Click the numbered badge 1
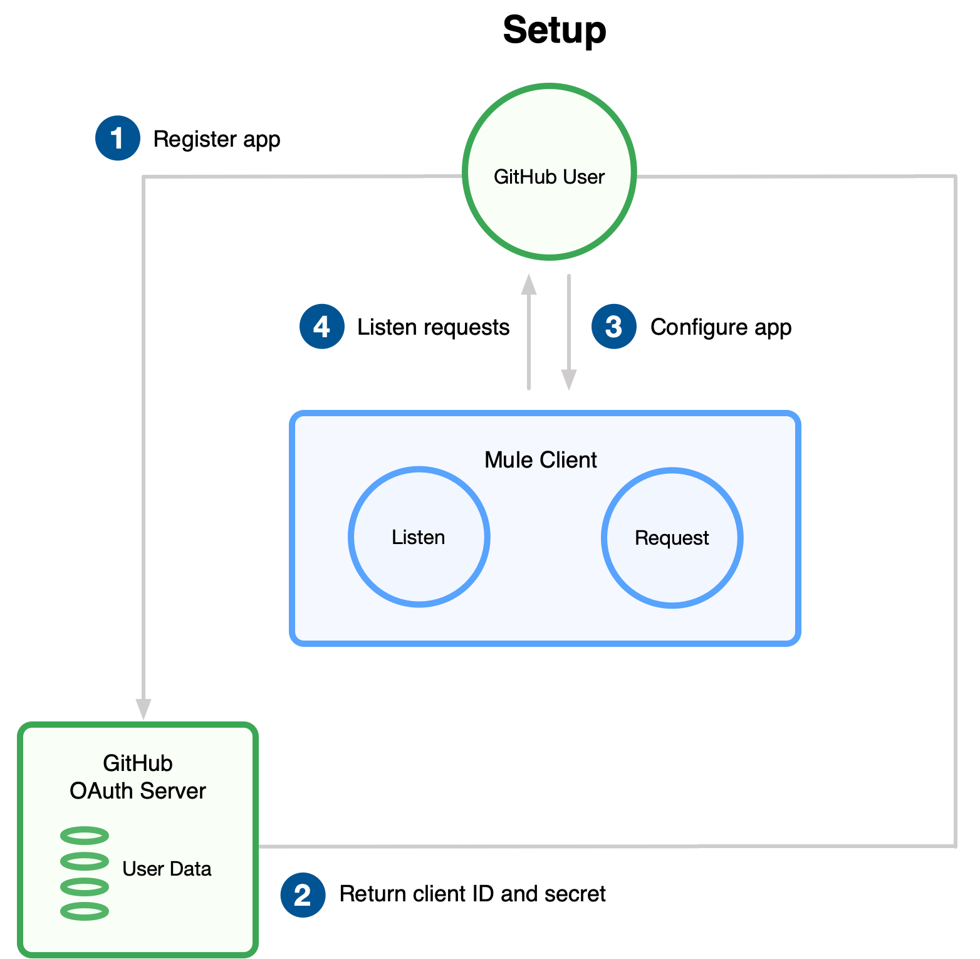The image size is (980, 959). coord(118,138)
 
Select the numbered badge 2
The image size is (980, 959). coord(303,894)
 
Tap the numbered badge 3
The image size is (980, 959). coord(614,327)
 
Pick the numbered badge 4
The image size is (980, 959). coord(322,327)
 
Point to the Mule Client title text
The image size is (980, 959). coord(540,460)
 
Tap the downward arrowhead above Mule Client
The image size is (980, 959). coord(569,380)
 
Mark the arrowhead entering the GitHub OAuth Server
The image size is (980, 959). coord(143,709)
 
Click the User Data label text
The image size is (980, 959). coord(167,869)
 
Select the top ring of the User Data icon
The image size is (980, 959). coord(85,836)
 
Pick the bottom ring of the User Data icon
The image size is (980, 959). coord(85,911)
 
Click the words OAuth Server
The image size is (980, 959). coord(138,791)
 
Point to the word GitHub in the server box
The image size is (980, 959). coord(138,763)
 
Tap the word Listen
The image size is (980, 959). coord(419,537)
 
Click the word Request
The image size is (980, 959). coord(672,538)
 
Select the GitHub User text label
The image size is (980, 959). coord(550,177)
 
